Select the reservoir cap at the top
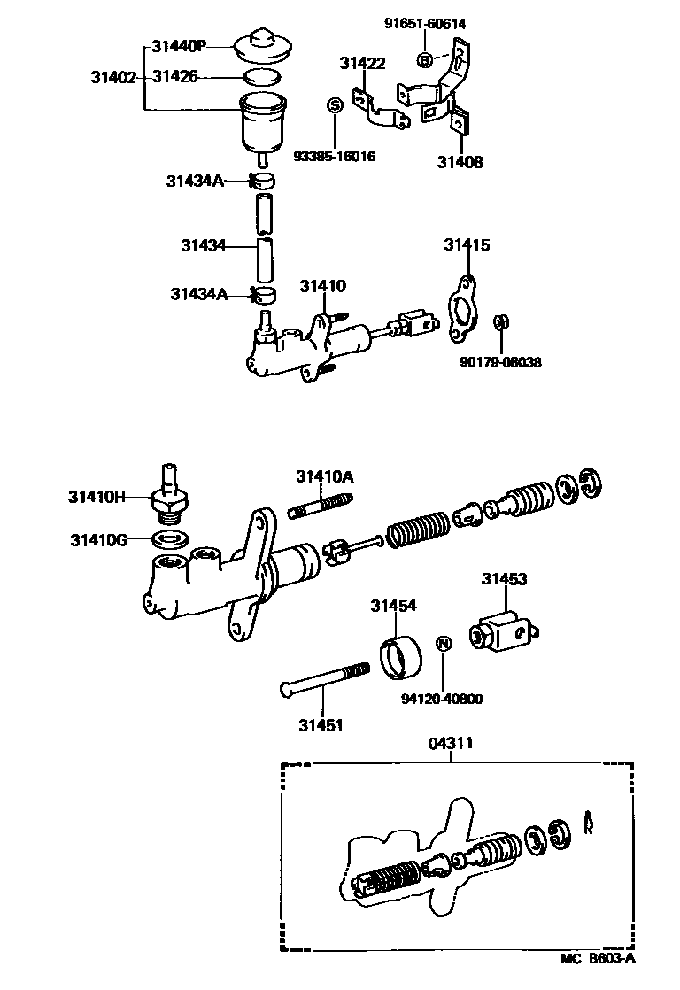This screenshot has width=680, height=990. (263, 47)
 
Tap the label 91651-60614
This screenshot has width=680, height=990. (424, 24)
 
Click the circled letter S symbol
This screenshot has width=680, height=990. (335, 105)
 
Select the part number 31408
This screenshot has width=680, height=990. (460, 162)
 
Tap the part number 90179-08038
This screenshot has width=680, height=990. (500, 362)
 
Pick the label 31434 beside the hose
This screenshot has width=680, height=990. (204, 245)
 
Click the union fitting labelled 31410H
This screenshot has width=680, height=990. (167, 497)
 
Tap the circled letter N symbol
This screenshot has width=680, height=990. (445, 643)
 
